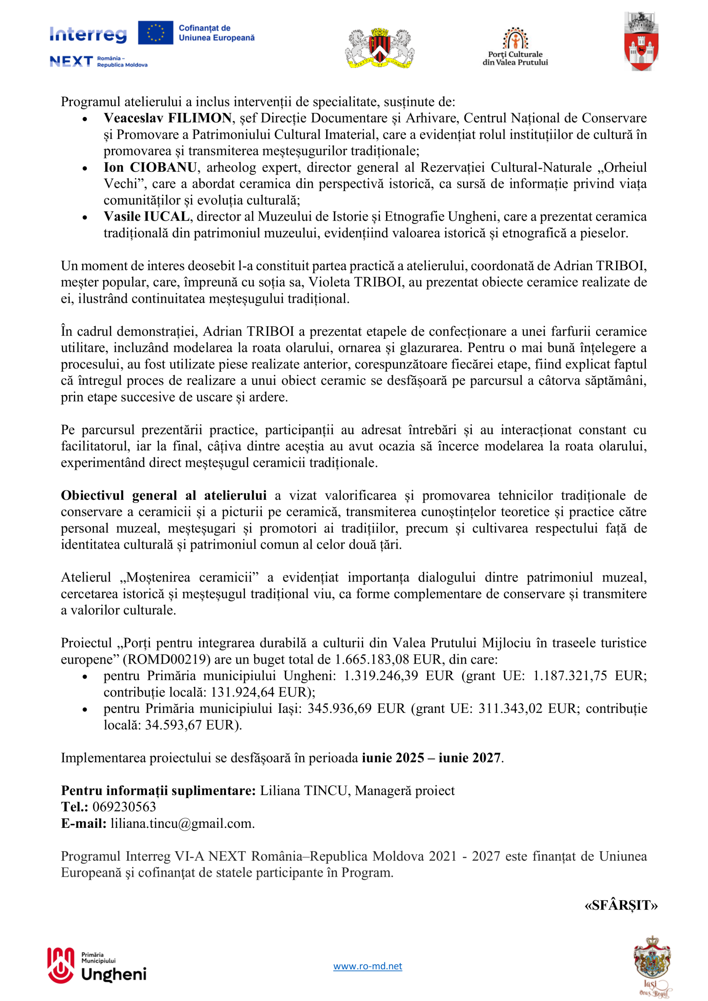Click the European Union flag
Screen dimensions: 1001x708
[155, 33]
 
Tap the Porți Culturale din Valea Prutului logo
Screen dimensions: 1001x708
[515, 47]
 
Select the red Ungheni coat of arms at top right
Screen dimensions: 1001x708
[640, 42]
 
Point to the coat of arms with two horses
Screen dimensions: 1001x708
[379, 48]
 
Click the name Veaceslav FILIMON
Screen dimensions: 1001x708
[167, 118]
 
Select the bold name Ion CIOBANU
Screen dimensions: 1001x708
[150, 167]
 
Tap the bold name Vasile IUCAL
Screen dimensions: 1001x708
[147, 217]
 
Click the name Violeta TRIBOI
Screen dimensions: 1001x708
[355, 282]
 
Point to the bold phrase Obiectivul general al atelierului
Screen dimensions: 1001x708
[164, 495]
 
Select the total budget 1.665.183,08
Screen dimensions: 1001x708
[372, 659]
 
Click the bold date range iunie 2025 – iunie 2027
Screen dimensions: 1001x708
[431, 758]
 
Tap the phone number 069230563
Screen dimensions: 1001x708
[124, 807]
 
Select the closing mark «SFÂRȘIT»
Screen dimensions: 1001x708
[621, 906]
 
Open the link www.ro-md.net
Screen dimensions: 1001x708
[368, 966]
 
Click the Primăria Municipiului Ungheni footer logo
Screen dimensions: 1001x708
[97, 967]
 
